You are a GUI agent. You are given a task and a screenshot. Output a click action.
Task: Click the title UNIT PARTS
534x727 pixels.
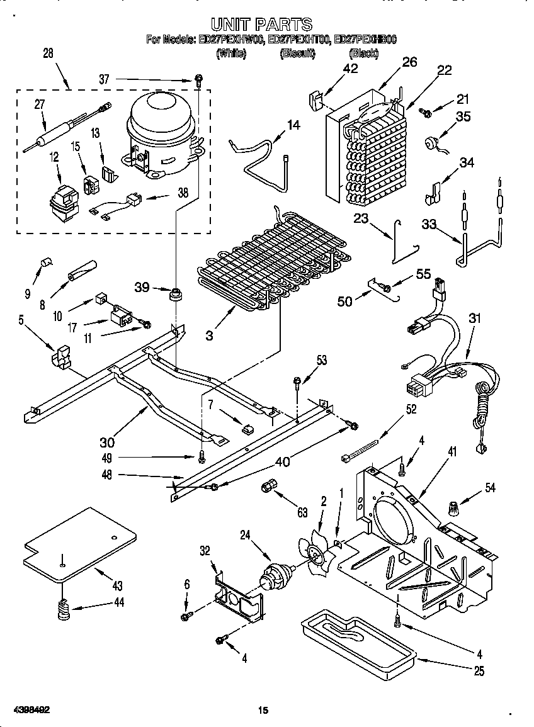click(261, 25)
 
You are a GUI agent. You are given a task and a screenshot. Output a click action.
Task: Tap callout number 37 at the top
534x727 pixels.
click(105, 79)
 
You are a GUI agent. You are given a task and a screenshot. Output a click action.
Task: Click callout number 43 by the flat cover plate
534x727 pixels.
click(116, 585)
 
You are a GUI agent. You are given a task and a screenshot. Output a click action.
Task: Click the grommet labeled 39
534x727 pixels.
click(174, 293)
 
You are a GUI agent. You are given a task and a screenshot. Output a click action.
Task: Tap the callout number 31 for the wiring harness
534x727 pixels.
click(474, 319)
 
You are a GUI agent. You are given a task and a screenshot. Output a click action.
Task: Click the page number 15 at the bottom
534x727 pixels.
click(263, 711)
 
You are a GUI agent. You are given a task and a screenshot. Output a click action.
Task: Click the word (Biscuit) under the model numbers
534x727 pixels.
click(297, 55)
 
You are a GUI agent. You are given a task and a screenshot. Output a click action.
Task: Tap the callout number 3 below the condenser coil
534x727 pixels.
click(208, 335)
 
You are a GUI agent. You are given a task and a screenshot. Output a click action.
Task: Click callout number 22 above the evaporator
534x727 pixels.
click(445, 70)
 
